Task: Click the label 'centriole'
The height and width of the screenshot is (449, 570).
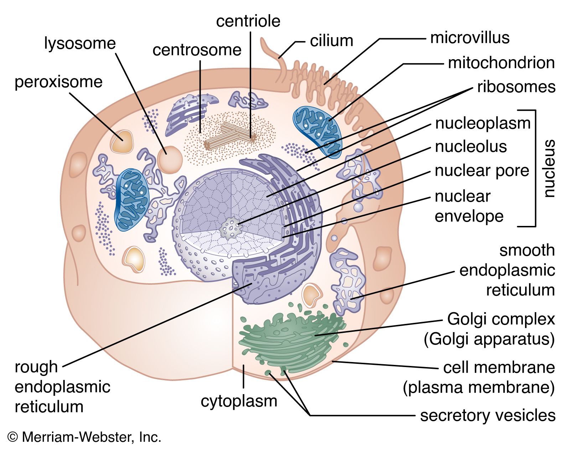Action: [x=248, y=21]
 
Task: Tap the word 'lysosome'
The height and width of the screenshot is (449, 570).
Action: [x=80, y=43]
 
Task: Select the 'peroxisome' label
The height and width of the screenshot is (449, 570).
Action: [x=58, y=82]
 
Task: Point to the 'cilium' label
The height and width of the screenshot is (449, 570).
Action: [x=331, y=41]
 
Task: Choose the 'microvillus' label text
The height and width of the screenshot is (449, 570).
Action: [x=470, y=38]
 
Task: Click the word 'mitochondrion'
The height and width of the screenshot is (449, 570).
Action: [x=501, y=63]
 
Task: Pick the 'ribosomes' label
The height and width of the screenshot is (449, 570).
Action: [x=516, y=87]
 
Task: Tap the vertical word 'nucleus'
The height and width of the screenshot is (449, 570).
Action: [x=549, y=168]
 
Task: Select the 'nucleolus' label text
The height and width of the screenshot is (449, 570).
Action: [x=471, y=146]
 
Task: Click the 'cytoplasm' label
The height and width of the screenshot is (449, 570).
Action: [x=239, y=401]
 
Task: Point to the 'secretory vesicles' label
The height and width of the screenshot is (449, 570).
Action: [x=487, y=416]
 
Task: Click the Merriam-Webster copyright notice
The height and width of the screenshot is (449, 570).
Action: [x=84, y=437]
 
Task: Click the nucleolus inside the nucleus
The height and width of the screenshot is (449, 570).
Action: [x=230, y=228]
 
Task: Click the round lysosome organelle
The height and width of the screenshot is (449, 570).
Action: [x=170, y=159]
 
